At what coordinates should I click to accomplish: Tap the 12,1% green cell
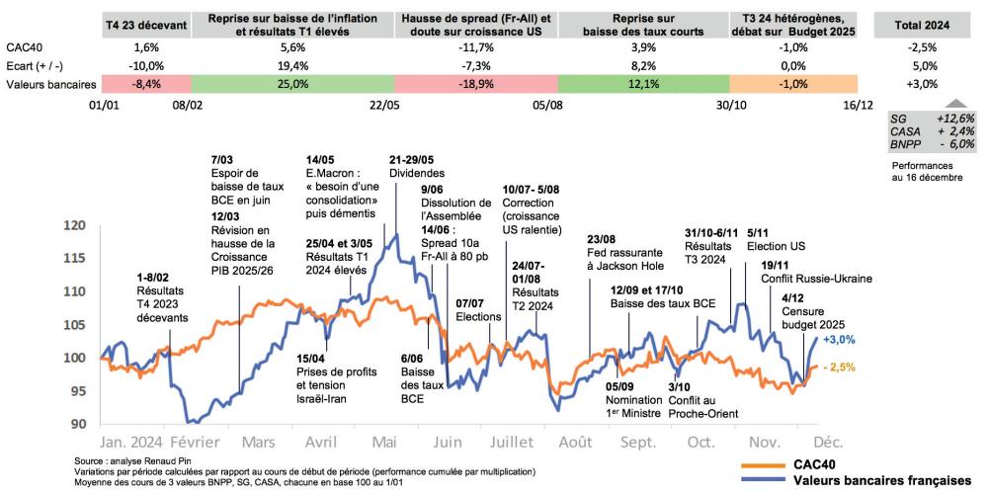tap(643, 84)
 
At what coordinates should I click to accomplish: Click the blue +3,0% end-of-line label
tap(839, 339)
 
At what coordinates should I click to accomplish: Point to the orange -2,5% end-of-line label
tap(839, 367)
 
